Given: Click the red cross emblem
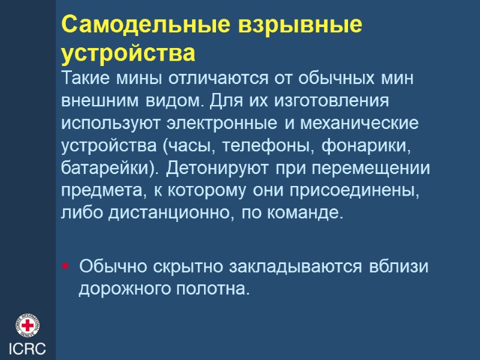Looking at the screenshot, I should pyautogui.click(x=27, y=326).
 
